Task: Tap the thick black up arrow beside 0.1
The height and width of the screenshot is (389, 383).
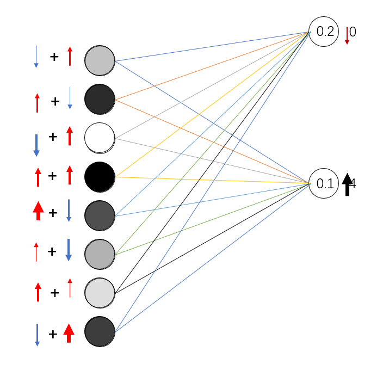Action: tap(347, 184)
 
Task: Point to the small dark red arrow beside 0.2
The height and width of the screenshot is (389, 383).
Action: tap(347, 35)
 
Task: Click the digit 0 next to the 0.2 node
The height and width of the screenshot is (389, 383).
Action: tap(353, 32)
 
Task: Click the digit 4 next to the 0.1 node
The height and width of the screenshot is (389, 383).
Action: tap(353, 184)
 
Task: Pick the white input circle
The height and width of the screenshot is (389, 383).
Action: tap(100, 138)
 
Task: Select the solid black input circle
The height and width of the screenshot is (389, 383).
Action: tap(100, 177)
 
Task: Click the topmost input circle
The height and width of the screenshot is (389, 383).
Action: tap(100, 61)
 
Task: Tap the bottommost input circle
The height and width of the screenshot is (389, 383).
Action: tap(100, 331)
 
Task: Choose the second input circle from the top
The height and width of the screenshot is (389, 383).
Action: tap(100, 99)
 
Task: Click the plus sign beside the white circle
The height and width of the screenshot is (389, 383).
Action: tap(53, 137)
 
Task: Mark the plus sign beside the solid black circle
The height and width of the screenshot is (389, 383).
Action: tap(52, 176)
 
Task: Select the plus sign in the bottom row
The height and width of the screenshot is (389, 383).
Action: tap(53, 334)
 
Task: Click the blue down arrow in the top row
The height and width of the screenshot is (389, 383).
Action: tap(36, 57)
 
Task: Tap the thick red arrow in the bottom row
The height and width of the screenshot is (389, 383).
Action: tap(69, 333)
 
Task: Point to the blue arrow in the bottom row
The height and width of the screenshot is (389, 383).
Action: tap(37, 335)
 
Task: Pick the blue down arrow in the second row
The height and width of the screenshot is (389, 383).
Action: tap(70, 98)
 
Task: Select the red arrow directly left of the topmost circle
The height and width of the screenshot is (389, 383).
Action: tap(70, 57)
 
